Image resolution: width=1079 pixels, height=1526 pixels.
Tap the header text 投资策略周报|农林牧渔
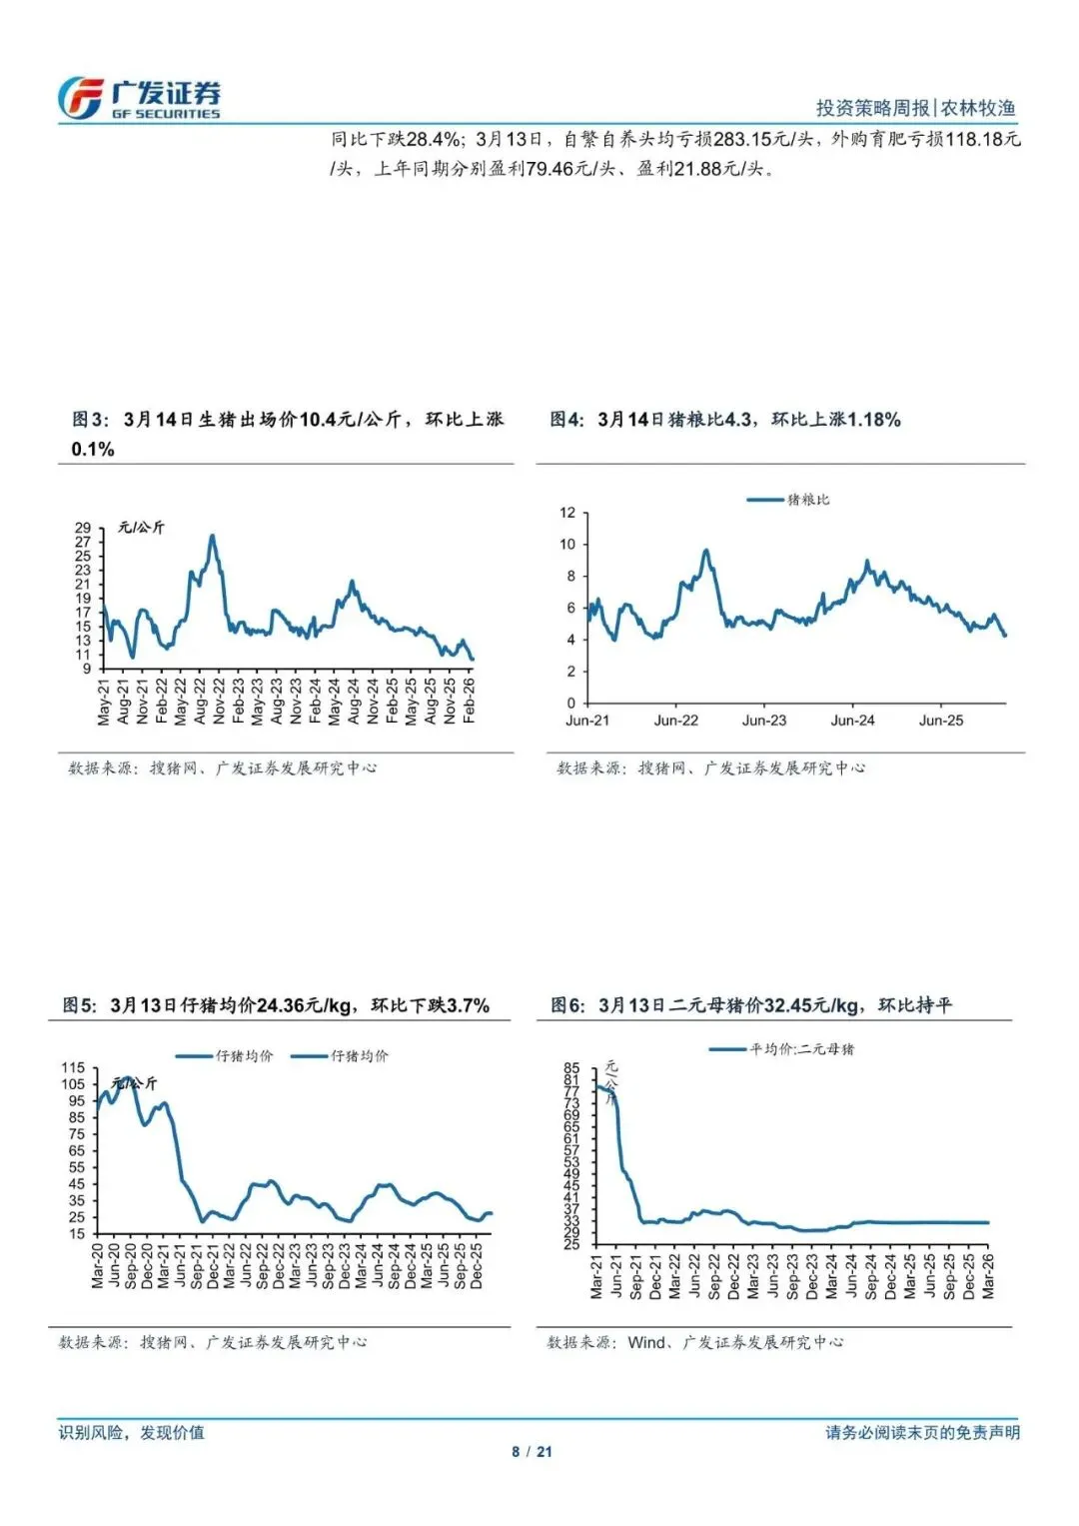[x=915, y=108]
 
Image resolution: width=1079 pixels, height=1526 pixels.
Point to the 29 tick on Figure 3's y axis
[x=83, y=528]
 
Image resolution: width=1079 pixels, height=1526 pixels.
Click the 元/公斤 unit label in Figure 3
[x=141, y=527]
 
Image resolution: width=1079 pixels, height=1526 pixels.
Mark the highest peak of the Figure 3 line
[x=212, y=537]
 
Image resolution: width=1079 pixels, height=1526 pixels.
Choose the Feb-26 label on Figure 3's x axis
[x=469, y=701]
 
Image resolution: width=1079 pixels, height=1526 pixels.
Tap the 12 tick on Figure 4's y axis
[x=567, y=513]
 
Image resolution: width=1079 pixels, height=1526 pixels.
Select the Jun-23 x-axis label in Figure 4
[x=764, y=721]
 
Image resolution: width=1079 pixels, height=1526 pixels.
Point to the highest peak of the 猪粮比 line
[x=706, y=551]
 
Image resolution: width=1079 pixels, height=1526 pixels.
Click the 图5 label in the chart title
[x=80, y=1005]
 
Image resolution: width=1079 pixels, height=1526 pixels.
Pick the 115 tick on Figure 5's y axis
[x=73, y=1068]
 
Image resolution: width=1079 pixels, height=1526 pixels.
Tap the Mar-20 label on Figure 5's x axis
[x=98, y=1264]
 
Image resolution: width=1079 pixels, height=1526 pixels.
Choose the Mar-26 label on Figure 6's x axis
[x=988, y=1276]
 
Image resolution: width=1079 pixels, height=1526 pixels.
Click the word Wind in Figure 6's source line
[x=645, y=1342]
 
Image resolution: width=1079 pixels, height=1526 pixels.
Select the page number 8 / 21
[x=532, y=1452]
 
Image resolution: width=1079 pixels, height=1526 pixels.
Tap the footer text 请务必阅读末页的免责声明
[x=922, y=1432]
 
